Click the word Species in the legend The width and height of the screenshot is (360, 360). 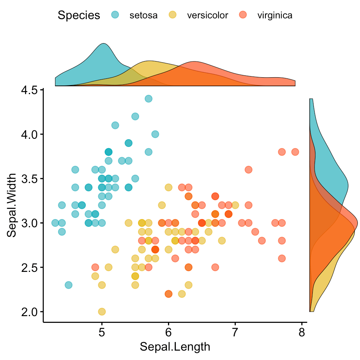tap(79, 15)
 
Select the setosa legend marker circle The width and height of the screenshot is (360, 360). tap(116, 15)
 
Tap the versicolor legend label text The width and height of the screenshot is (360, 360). tap(207, 15)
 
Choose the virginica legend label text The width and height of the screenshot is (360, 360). tap(275, 15)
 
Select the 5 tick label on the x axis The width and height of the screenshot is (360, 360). tap(102, 333)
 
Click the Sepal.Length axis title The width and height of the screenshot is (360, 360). tap(175, 347)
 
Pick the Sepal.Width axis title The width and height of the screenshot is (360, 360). tap(13, 205)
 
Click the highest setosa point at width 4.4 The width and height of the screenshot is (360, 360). tap(148, 99)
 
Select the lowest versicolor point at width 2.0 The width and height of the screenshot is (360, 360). tap(102, 312)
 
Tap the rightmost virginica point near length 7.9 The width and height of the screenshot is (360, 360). tap(295, 152)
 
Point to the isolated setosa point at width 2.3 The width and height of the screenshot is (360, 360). tap(68, 285)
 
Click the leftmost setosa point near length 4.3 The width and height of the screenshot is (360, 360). tap(55, 223)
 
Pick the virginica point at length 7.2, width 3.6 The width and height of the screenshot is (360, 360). tap(248, 169)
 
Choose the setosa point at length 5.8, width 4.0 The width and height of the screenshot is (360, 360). tap(155, 134)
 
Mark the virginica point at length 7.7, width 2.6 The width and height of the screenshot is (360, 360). tap(282, 258)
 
